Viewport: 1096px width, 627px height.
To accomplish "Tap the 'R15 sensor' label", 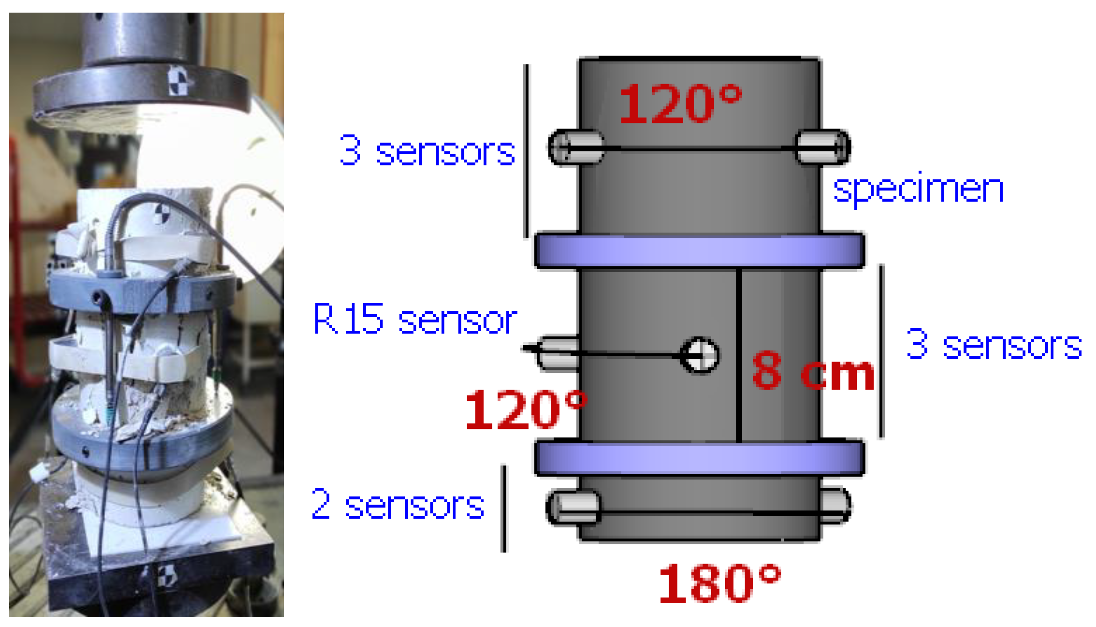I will click(x=415, y=319).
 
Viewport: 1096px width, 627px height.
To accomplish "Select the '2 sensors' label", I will click(x=398, y=505).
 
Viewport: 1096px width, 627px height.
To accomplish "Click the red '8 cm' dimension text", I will click(x=813, y=371).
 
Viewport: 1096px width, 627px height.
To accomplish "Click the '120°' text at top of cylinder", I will click(x=680, y=104).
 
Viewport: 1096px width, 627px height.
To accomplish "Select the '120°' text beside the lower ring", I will click(x=526, y=410).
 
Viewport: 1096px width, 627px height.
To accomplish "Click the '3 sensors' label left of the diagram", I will click(x=427, y=150).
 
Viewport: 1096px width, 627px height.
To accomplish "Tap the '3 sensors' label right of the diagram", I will click(x=994, y=344).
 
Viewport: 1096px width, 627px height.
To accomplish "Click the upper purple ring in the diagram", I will click(x=699, y=251).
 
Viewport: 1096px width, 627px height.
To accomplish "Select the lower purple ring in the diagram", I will click(x=699, y=458).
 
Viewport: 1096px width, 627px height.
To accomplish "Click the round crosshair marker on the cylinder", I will click(x=699, y=356).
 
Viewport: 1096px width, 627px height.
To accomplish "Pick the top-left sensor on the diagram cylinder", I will click(x=576, y=148).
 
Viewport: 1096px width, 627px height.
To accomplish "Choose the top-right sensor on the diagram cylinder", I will click(x=823, y=148).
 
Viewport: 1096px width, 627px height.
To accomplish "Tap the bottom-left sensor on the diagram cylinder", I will click(x=574, y=507).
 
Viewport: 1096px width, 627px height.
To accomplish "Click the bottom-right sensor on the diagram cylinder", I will click(x=835, y=506).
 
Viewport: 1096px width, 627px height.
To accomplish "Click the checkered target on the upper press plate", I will click(x=177, y=81).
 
